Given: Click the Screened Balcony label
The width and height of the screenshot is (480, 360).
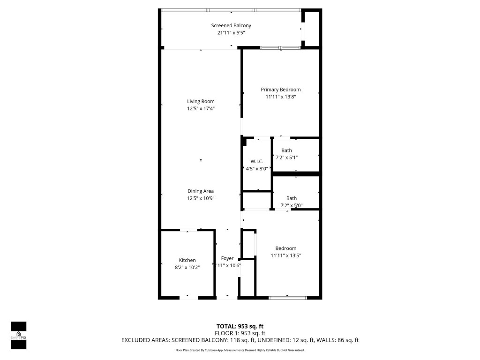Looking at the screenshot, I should [x=231, y=25].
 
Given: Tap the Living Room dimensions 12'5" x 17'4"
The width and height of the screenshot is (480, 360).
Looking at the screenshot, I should [x=201, y=108].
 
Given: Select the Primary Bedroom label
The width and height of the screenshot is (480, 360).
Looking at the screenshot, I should [x=280, y=90].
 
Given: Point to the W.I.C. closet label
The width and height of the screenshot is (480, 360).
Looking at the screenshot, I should [x=257, y=161].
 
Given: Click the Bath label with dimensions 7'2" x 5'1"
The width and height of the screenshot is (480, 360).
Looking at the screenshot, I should [x=286, y=150].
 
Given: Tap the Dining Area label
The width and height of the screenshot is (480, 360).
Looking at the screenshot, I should [x=201, y=191].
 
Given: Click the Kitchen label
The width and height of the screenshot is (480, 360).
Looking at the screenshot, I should [x=187, y=260].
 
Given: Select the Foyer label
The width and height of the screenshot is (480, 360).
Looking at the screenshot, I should [x=227, y=258].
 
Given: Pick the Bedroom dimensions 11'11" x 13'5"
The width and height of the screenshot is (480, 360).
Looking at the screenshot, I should [x=285, y=255].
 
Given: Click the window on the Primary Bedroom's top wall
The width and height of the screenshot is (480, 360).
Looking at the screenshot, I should [x=280, y=47].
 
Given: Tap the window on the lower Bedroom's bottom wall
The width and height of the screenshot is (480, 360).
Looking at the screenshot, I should [x=288, y=297].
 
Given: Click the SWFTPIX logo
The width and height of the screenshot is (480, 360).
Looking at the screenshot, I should [x=18, y=335].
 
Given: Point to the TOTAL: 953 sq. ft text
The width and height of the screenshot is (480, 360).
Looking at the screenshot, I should [x=240, y=326].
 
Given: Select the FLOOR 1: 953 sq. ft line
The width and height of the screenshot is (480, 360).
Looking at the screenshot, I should [x=240, y=333].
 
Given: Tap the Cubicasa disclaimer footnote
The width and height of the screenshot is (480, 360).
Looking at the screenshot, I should [x=240, y=350].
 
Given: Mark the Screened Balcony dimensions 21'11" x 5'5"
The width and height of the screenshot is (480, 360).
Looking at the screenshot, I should [x=231, y=33].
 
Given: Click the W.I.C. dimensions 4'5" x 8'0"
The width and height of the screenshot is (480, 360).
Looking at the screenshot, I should [x=257, y=169].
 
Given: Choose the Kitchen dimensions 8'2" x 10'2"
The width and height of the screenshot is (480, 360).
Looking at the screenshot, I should [x=187, y=268].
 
